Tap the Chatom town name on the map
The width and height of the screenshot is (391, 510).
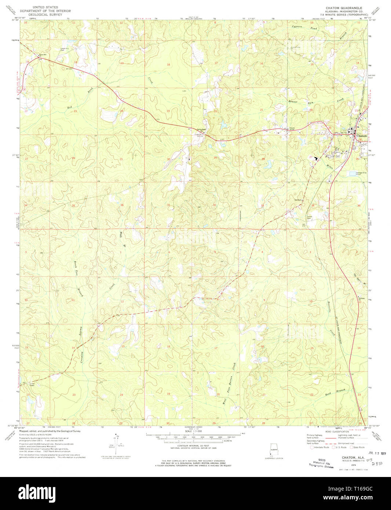coord(361,136)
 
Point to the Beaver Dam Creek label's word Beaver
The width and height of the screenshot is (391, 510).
coord(292,101)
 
